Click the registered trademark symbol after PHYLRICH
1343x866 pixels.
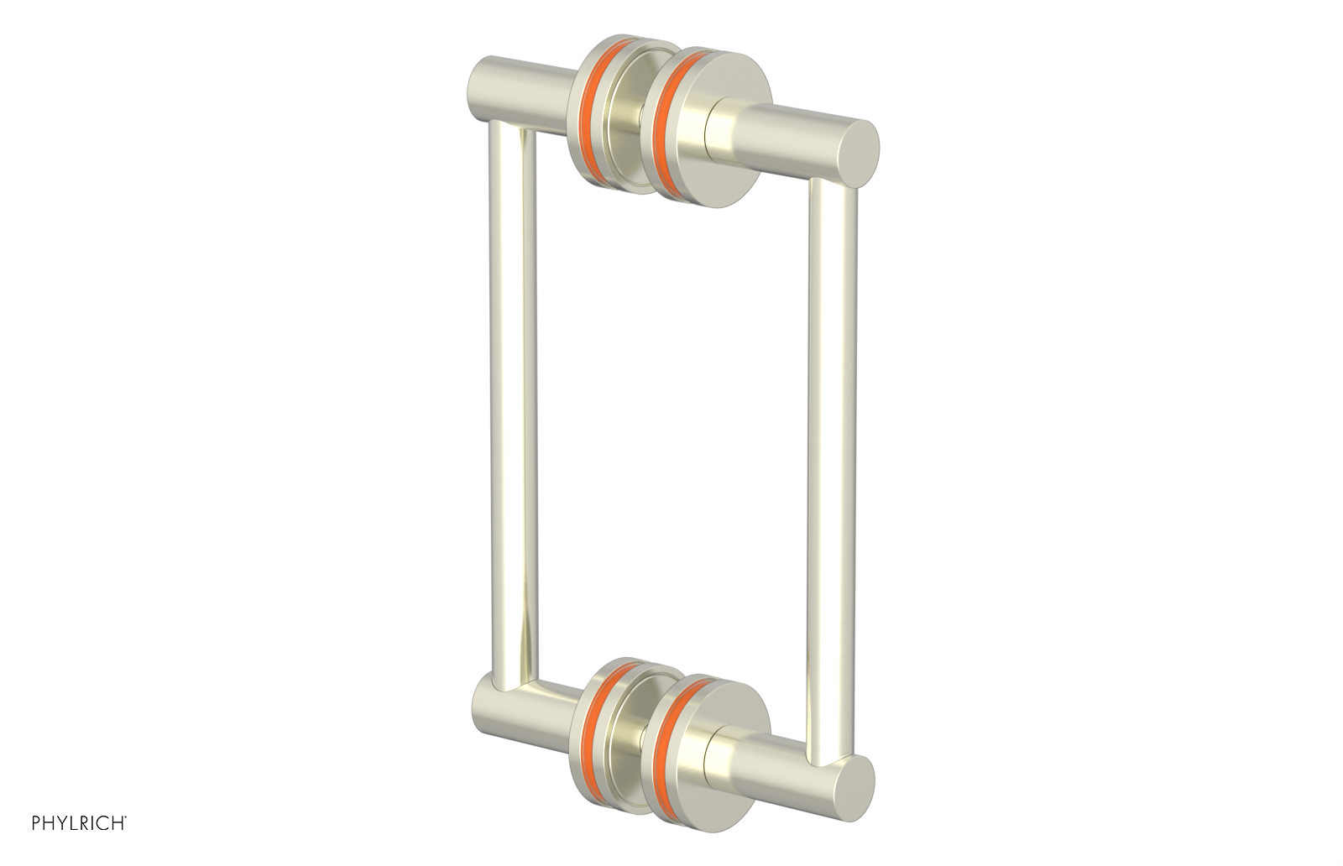click(x=126, y=837)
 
